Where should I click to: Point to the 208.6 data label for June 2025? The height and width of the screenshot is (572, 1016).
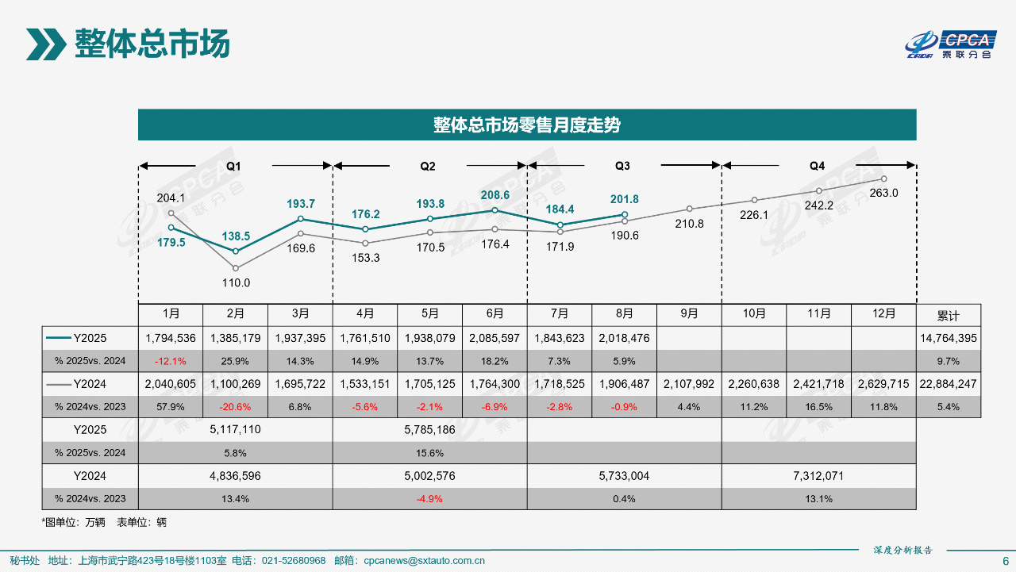coord(495,194)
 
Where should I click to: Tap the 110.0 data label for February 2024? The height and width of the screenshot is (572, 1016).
coord(236,282)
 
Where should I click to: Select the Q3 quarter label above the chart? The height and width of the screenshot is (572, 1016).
coord(623,166)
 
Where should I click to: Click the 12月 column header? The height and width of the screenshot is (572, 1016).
coord(883,314)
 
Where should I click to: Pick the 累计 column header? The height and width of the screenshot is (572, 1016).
coord(949,315)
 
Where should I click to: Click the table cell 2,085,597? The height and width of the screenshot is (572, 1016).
coord(495,338)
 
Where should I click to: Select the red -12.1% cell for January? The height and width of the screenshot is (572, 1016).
coord(171,361)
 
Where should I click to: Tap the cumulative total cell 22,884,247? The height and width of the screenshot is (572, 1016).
coord(949,384)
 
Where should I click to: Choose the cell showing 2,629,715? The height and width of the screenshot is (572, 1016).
coord(883,384)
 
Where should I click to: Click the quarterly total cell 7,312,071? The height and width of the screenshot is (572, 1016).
coord(818,476)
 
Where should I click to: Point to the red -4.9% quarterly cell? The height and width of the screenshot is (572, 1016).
coord(429,499)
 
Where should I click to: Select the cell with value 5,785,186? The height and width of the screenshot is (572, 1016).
coord(429,429)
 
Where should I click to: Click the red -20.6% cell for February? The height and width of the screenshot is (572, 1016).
coord(236,407)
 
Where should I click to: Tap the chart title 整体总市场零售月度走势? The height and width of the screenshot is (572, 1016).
coord(527,125)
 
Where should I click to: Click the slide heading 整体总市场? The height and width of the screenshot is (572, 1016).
coord(152,44)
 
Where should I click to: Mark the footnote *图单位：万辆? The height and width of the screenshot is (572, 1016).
coord(73,522)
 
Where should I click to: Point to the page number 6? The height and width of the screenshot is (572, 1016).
coord(1005,560)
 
